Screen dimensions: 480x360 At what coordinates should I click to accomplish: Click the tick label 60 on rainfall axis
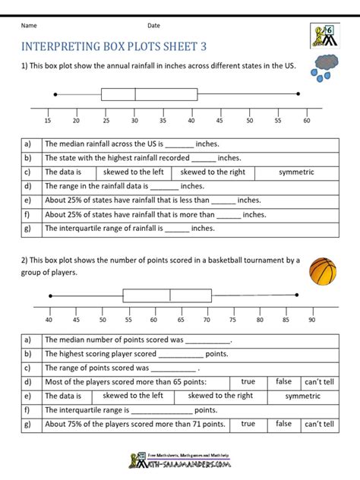coord(306,120)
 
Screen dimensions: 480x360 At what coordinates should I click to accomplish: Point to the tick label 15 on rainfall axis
coord(48,120)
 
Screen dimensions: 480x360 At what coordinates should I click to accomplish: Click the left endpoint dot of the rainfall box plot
coord(55,94)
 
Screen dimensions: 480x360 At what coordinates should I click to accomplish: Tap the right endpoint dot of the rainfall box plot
coord(298,94)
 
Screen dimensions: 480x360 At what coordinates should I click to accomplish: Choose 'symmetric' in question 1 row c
coord(296,172)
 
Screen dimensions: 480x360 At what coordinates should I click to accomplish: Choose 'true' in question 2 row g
coord(248,424)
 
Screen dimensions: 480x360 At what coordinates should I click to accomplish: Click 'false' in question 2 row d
coord(283,382)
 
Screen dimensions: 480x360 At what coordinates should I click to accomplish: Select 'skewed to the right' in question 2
coord(220,396)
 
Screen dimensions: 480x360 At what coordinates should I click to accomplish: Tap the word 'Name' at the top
coord(30,26)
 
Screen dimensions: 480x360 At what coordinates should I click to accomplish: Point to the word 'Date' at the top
coord(154,26)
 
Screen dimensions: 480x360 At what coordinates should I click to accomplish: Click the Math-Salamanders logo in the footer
coord(179,459)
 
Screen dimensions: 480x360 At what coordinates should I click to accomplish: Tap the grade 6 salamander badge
coord(324,36)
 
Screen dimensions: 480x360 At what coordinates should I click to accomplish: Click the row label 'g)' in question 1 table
coord(28,227)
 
